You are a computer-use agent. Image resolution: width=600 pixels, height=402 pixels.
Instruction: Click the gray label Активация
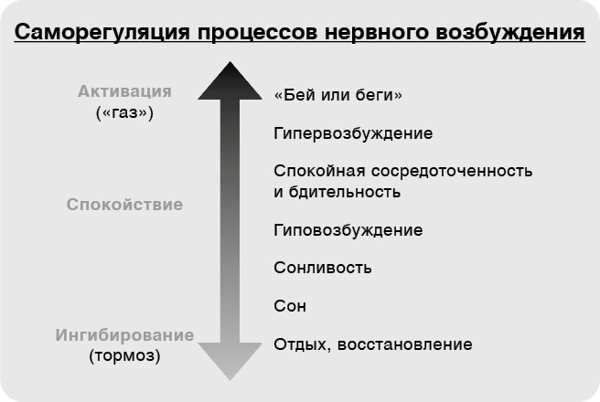pos(125,91)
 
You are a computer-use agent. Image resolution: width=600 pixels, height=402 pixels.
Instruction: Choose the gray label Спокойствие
pos(125,204)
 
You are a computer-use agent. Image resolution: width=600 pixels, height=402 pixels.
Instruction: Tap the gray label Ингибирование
pos(125,334)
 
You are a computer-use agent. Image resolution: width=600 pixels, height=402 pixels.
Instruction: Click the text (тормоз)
pos(125,355)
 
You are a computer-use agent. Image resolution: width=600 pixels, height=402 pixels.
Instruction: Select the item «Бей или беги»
pos(338,95)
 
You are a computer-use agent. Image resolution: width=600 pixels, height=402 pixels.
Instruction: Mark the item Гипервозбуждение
pos(353,133)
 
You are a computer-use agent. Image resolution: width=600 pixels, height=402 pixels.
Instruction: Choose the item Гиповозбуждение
pos(348,229)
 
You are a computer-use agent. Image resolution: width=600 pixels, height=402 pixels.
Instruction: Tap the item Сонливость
pos(323,268)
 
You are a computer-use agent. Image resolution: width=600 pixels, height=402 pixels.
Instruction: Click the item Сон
pos(290,306)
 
